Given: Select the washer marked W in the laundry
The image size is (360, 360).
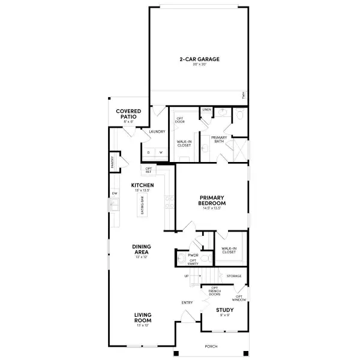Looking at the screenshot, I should (x=161, y=152).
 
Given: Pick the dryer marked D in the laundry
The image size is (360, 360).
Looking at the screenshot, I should (x=148, y=152).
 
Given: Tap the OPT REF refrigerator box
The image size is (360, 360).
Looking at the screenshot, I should (x=148, y=170).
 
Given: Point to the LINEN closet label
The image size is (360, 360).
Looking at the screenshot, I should (x=206, y=110).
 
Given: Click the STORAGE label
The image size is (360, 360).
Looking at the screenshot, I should (x=233, y=276).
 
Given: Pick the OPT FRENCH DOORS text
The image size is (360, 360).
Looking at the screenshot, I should (x=215, y=292).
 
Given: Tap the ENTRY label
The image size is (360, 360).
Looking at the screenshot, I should (x=187, y=302).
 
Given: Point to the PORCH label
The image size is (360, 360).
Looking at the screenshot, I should (x=211, y=347).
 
